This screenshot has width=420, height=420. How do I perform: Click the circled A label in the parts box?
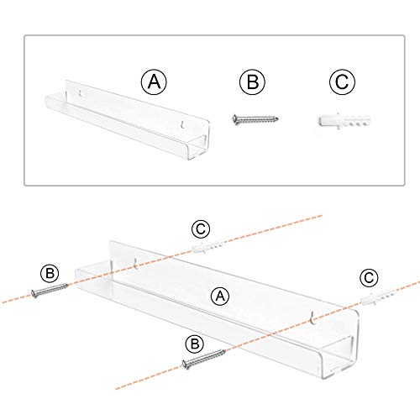click(x=154, y=81)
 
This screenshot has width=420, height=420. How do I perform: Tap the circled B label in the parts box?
click(x=253, y=81)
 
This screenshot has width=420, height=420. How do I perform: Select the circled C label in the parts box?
click(x=342, y=81)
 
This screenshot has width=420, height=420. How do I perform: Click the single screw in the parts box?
click(x=255, y=119)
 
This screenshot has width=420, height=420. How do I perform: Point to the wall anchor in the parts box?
click(x=344, y=121)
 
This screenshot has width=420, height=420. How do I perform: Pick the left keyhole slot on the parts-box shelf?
click(x=81, y=93)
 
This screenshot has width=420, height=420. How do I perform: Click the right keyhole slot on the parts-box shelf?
click(x=182, y=124)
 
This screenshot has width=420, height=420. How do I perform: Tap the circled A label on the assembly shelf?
click(x=220, y=297)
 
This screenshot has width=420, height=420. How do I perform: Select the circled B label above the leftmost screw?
click(x=50, y=273)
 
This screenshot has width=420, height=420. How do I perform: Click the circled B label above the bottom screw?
click(x=195, y=344)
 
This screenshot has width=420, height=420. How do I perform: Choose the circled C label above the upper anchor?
click(x=201, y=229)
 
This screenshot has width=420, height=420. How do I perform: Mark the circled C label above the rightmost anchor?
click(x=369, y=278)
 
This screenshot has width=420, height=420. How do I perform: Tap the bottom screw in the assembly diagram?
click(x=203, y=359)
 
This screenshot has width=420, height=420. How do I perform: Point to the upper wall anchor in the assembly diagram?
click(x=208, y=246)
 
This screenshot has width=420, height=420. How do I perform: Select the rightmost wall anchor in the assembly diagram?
click(x=379, y=297)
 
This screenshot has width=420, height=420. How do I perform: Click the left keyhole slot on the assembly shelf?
click(x=136, y=263)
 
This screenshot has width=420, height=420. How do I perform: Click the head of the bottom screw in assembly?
click(x=185, y=365)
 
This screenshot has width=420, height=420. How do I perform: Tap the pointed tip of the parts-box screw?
click(x=277, y=119)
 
